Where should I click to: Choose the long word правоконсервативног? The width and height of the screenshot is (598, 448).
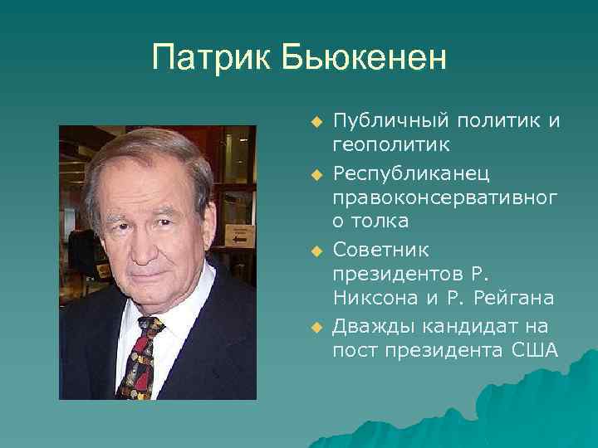click(445, 199)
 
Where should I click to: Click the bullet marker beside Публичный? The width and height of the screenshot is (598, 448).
click(316, 123)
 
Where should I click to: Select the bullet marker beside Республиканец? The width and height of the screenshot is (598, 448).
click(316, 175)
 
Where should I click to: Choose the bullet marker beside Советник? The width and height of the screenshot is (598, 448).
click(316, 251)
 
